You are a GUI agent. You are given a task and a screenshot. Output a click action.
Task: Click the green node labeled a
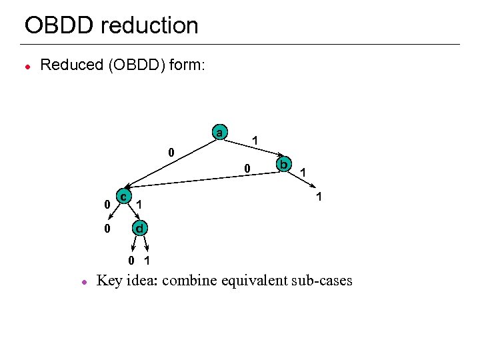coord(219,132)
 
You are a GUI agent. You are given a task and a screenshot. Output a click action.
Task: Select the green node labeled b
coord(283,164)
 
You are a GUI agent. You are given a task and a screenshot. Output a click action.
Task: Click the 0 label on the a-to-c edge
coord(171,153)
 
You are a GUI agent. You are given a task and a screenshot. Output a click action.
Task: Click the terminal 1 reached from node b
coord(319,197)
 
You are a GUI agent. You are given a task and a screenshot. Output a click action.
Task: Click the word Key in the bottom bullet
coord(110,281)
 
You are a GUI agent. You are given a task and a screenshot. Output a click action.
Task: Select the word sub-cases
coord(322,281)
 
